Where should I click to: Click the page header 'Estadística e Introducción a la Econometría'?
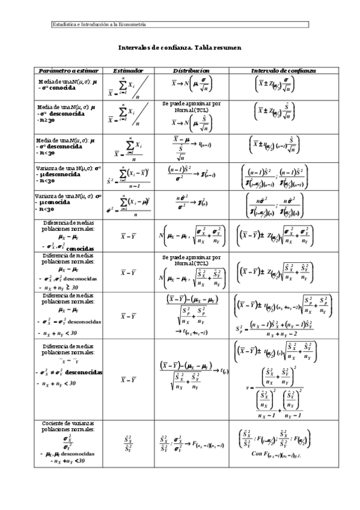pos(100,25)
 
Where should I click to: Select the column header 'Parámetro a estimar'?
pos(69,70)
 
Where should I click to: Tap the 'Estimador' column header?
pos(128,70)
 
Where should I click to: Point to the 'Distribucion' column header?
pos(191,70)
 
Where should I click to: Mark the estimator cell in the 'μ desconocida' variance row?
pos(128,177)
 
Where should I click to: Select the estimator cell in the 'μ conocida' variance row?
pos(128,206)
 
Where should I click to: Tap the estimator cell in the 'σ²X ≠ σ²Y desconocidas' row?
pos(128,379)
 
